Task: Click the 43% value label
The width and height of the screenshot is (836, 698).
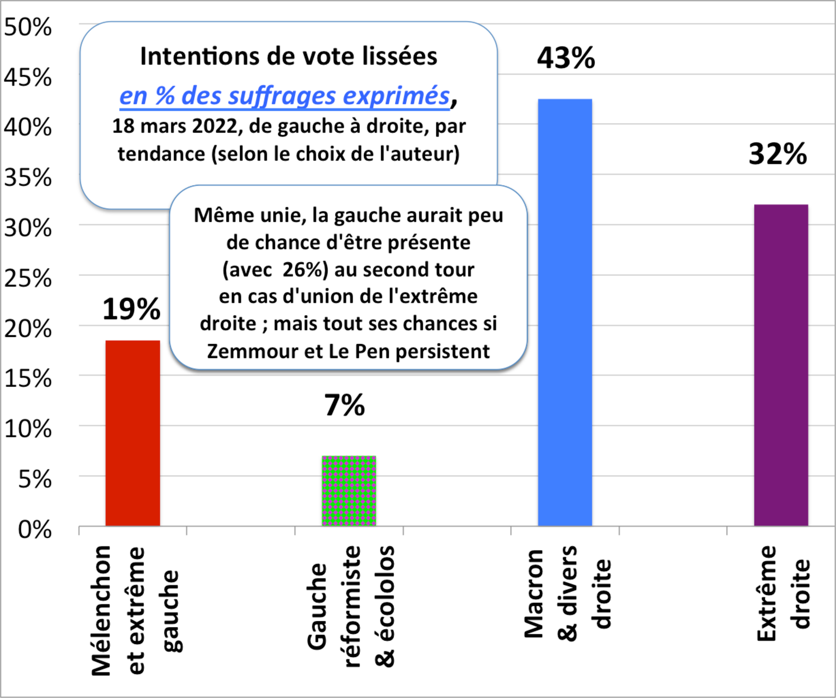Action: [566, 58]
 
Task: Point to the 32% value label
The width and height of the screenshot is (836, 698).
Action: [777, 154]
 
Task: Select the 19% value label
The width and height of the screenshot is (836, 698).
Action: [131, 309]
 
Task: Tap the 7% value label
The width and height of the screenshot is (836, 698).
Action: [344, 405]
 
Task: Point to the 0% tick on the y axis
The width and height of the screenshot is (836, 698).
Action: [35, 530]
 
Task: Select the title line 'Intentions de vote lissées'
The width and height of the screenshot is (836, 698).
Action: [289, 56]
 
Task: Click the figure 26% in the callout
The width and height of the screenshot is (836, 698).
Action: [305, 270]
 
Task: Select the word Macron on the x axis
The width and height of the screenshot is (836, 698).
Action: [534, 593]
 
